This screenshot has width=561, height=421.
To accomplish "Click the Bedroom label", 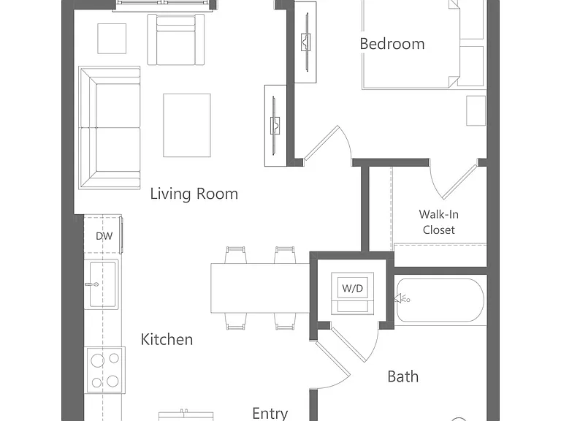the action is click(x=392, y=44).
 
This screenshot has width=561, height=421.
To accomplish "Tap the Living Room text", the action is click(x=194, y=194).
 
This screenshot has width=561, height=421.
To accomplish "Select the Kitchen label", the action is click(x=167, y=339).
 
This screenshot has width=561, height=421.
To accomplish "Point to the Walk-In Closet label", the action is click(x=438, y=222).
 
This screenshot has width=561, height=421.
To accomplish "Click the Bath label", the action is click(x=403, y=376).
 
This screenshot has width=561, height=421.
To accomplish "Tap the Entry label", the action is click(x=270, y=414).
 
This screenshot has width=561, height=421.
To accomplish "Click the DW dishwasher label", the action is click(x=104, y=236).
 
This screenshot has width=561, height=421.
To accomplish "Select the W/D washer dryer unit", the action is click(x=352, y=293).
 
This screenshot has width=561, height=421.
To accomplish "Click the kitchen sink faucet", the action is click(x=92, y=284).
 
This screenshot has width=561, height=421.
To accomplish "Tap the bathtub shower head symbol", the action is click(x=402, y=298).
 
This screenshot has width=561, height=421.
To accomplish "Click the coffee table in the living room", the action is click(x=187, y=125).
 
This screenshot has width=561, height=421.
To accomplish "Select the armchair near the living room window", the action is click(x=175, y=39).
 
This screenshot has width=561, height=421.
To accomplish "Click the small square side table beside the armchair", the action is click(x=112, y=39).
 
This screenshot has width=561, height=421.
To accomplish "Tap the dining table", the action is click(x=260, y=288).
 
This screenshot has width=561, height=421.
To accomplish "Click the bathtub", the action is click(x=440, y=300).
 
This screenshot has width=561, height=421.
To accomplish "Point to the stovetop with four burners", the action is click(x=105, y=370).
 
